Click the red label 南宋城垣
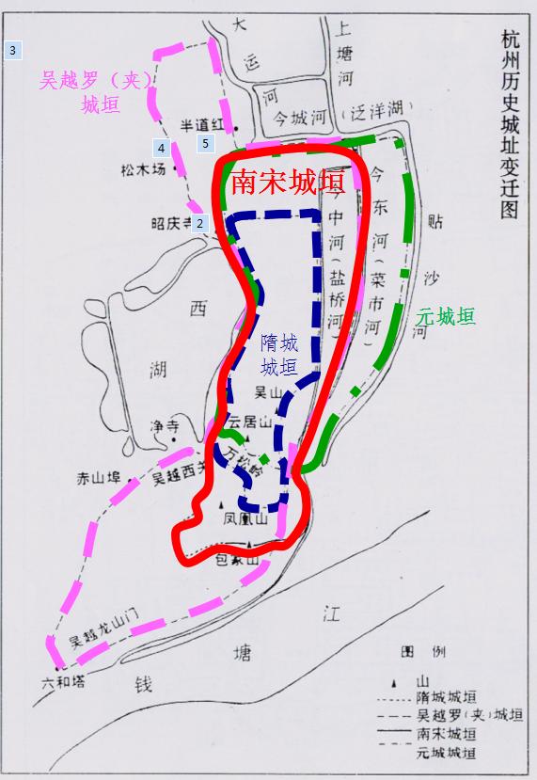click(287, 182)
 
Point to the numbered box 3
click(12, 49)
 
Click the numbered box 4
click(162, 148)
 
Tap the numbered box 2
click(199, 223)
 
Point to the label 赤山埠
click(99, 479)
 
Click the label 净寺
click(163, 427)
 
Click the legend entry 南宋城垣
click(445, 734)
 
